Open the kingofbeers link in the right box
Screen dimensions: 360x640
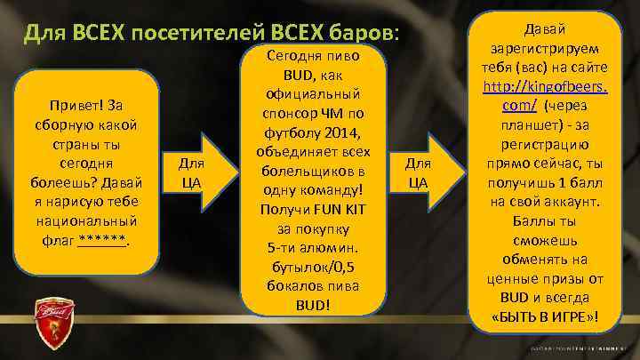coord(543,86)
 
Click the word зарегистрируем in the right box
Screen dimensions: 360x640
coord(543,48)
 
